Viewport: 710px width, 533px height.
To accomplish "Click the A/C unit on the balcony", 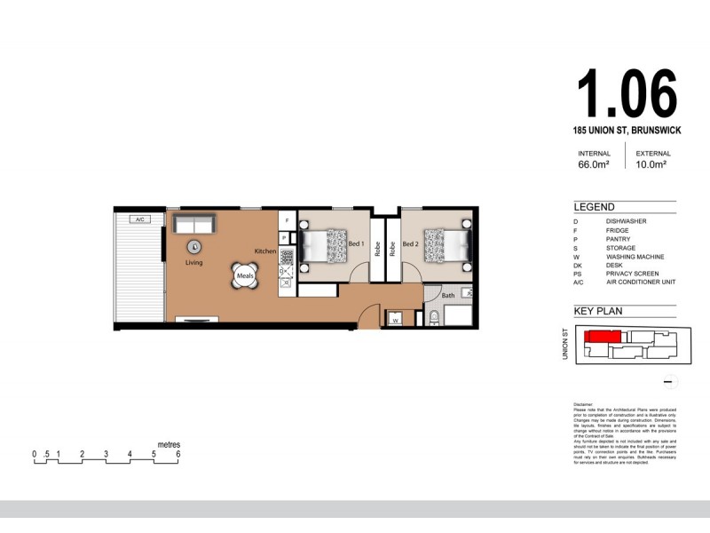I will [x=138, y=219].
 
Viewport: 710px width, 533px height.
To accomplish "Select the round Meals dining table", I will [x=246, y=276].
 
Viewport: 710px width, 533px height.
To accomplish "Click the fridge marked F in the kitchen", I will [x=287, y=220].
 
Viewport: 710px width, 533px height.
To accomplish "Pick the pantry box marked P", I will [x=284, y=238].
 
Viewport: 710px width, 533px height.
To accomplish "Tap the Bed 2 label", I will [x=410, y=243].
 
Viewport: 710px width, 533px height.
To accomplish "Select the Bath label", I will [x=448, y=295].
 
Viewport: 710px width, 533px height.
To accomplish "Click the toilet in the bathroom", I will [x=434, y=318].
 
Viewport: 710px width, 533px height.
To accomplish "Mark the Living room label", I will [x=193, y=263].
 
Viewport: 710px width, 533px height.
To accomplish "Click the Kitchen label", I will [x=265, y=251].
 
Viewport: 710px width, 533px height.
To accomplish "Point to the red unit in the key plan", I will [x=603, y=337].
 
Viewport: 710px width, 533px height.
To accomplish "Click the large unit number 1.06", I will [x=627, y=91].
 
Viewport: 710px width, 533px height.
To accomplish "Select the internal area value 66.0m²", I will [x=594, y=164].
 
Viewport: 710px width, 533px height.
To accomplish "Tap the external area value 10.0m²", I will [x=651, y=164].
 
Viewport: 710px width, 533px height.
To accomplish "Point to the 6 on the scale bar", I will [x=178, y=454].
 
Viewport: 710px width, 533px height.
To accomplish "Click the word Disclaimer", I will [x=586, y=402].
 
